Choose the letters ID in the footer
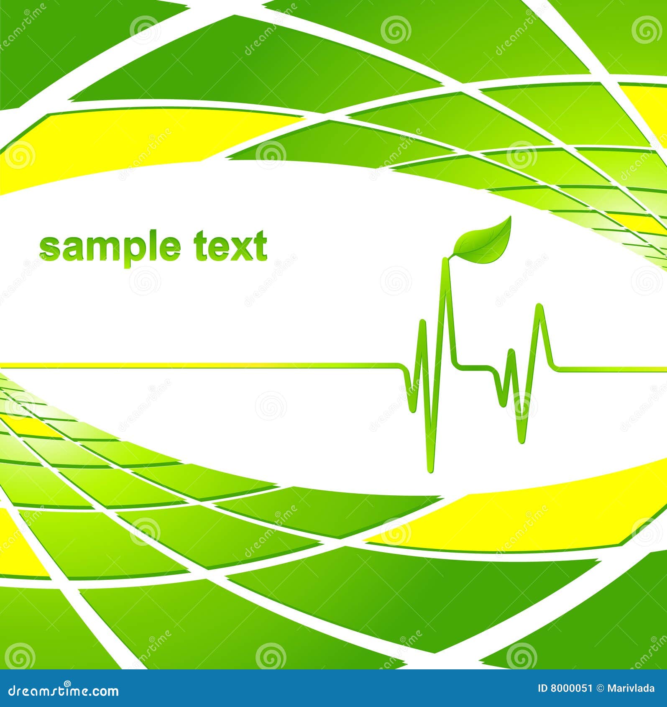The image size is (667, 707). click(x=542, y=688)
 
